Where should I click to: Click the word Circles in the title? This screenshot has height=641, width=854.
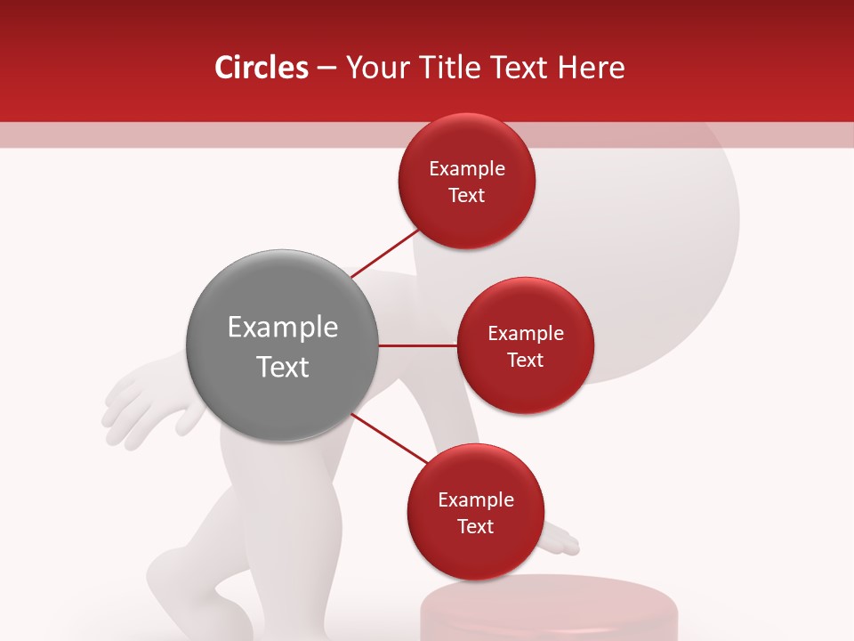click(x=261, y=68)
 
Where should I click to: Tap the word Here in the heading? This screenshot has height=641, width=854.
click(x=592, y=68)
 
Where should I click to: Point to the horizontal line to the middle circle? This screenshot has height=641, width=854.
click(x=417, y=345)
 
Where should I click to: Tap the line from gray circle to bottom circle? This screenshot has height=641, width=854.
click(x=389, y=437)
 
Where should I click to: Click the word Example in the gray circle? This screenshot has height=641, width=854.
click(x=282, y=328)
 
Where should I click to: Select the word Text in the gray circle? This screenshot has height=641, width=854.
click(x=282, y=367)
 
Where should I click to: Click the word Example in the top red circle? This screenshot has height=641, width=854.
click(x=466, y=169)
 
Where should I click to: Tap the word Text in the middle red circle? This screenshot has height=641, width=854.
click(x=525, y=361)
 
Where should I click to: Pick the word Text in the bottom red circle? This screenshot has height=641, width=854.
click(x=475, y=527)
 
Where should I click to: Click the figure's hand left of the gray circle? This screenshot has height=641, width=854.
click(x=147, y=405)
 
